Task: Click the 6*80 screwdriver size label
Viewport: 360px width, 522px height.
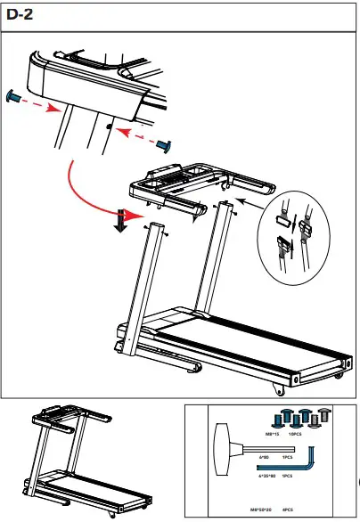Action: point(265,457)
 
